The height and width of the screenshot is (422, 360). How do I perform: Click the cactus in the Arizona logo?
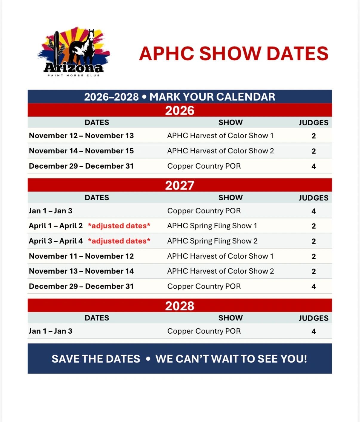[x=57, y=48]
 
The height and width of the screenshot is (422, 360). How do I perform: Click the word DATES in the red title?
[x=297, y=53]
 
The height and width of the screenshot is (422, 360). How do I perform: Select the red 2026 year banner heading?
[x=180, y=110]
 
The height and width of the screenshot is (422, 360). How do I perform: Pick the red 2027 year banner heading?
[x=180, y=185]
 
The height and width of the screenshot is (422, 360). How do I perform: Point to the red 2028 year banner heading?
[x=180, y=306]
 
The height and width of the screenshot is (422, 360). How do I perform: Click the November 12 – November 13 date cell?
[x=81, y=135]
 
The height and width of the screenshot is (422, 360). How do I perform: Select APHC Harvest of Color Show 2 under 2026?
[x=221, y=151]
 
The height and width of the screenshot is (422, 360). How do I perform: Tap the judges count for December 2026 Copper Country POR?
[x=314, y=167]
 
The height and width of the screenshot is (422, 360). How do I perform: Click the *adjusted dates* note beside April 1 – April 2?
[x=119, y=226]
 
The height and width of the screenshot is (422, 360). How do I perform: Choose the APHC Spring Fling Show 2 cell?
[x=212, y=241]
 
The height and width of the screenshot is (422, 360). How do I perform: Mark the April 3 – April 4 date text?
[x=56, y=241]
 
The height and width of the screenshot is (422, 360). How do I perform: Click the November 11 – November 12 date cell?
[x=81, y=256]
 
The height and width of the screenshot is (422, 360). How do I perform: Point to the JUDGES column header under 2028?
[x=314, y=318]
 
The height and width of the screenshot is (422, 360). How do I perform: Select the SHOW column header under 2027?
[x=230, y=198]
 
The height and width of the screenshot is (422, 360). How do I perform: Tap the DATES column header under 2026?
[x=97, y=122]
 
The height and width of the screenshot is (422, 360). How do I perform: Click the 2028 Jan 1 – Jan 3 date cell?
[x=51, y=331]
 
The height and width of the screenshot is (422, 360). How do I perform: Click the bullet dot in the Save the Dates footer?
[x=148, y=359]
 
